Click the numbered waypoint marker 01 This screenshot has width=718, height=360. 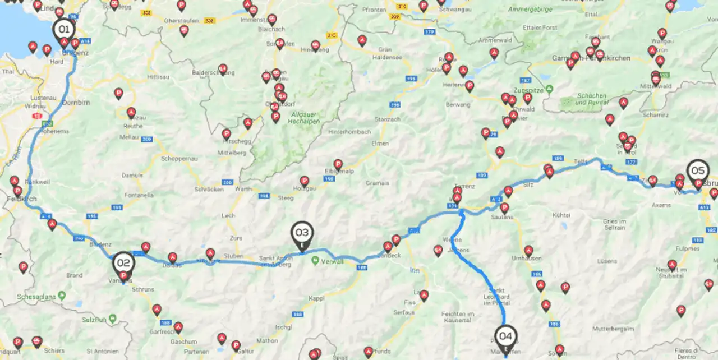63,29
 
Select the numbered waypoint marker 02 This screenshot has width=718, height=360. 123,262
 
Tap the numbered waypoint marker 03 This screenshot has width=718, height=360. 302,232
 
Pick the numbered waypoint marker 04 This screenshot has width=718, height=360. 505,336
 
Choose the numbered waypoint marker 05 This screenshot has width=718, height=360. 698,170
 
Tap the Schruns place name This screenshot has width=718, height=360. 144,289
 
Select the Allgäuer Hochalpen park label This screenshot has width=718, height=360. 303,118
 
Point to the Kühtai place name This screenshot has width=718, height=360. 561,215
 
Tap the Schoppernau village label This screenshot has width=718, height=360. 177,159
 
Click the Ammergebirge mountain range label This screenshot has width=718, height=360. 530,10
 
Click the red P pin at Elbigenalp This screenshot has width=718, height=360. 338,164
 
